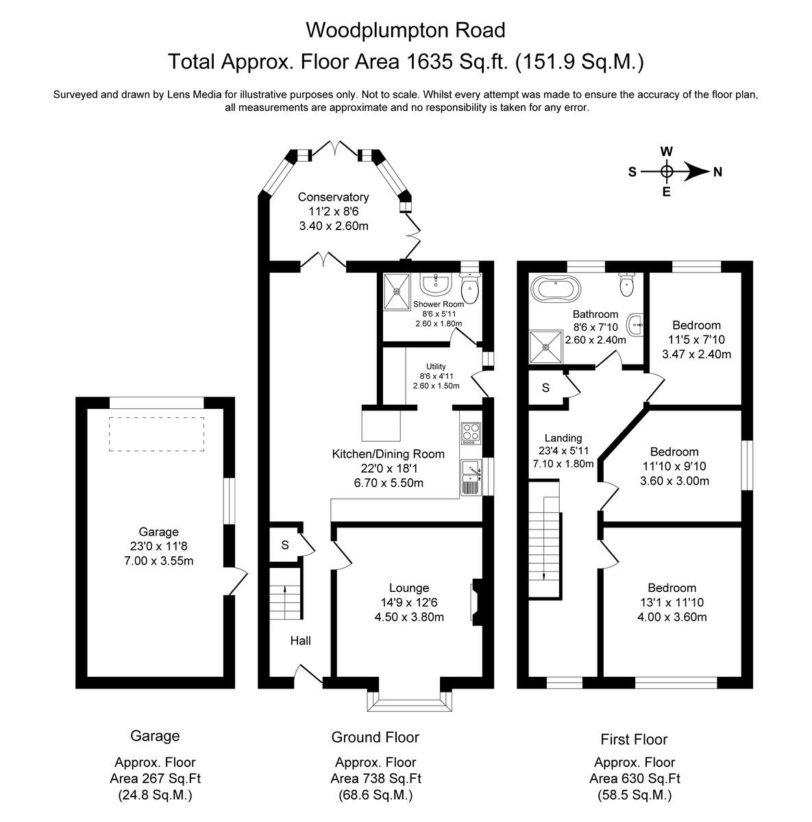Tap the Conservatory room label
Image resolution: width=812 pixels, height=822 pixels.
point(333,197)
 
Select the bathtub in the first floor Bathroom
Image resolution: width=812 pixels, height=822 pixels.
point(556,290)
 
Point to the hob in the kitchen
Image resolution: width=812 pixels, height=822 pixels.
point(471,432)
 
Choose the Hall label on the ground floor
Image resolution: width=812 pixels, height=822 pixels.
point(300,640)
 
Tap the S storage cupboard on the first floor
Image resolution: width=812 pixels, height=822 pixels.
point(545,388)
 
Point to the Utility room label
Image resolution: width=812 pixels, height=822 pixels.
point(436,366)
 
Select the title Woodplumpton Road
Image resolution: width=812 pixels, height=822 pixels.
point(406,30)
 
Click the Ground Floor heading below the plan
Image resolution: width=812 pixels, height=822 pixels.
point(375,737)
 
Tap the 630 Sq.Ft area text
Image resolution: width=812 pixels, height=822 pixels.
point(635,778)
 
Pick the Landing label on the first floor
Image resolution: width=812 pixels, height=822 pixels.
point(563,438)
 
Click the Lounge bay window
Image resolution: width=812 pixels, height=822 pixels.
point(409,701)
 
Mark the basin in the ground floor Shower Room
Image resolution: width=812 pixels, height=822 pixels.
point(434,283)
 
